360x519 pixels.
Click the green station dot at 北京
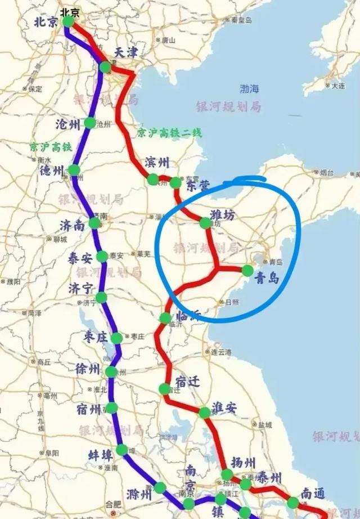pyautogui.click(x=68, y=22)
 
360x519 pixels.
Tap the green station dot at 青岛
pyautogui.click(x=247, y=271)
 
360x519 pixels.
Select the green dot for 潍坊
pyautogui.click(x=205, y=223)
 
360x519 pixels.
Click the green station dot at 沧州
pyautogui.click(x=89, y=123)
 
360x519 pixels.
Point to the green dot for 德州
pyautogui.click(x=74, y=170)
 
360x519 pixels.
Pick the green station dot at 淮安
pyautogui.click(x=205, y=413)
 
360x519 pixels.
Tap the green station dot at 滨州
pyautogui.click(x=153, y=180)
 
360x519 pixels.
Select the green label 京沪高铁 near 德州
pyautogui.click(x=51, y=147)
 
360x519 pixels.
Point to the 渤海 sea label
pyautogui.click(x=250, y=88)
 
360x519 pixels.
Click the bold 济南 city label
pyautogui.click(x=72, y=225)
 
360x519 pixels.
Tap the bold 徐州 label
pyautogui.click(x=88, y=369)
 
